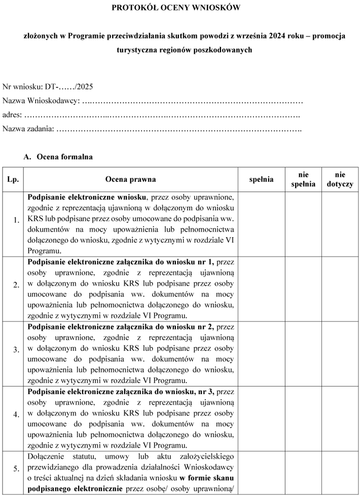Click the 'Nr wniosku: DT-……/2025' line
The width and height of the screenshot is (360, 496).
48,87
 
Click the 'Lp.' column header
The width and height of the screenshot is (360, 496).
13,179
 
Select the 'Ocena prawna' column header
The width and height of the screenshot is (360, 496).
130,179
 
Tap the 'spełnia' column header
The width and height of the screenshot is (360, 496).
261,179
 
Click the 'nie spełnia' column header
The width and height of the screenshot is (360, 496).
303,179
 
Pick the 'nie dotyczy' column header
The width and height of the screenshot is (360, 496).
340,179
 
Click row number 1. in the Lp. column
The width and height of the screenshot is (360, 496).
16,220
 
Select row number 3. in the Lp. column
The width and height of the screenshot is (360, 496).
16,350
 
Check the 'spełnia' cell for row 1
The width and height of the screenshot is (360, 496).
261,223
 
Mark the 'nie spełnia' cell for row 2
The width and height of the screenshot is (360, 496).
303,288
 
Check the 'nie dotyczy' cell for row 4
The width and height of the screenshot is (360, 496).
340,418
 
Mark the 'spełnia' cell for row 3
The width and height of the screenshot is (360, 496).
261,353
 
